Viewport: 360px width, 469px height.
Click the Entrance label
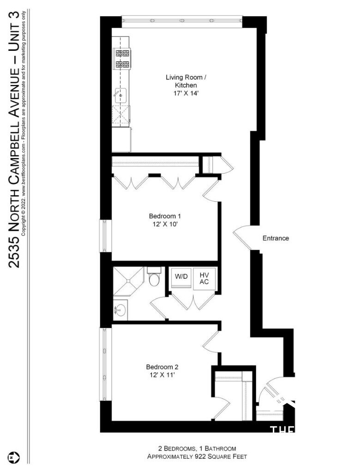pyautogui.click(x=276, y=238)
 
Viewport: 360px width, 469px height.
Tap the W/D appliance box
pyautogui.click(x=180, y=277)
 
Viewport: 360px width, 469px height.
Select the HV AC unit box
pyautogui.click(x=204, y=278)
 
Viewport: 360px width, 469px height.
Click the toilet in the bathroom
pyautogui.click(x=154, y=278)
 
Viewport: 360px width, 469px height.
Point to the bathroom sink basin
pyautogui.click(x=120, y=310)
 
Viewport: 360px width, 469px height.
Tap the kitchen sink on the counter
pyautogui.click(x=120, y=95)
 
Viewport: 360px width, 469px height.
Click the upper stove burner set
pyautogui.click(x=122, y=53)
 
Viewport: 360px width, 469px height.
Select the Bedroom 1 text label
pyautogui.click(x=164, y=216)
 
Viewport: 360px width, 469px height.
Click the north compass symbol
pyautogui.click(x=16, y=457)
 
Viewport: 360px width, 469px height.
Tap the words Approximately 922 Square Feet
pyautogui.click(x=197, y=457)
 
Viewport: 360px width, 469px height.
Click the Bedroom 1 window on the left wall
pyautogui.click(x=104, y=235)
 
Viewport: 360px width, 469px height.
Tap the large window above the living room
pyautogui.click(x=181, y=20)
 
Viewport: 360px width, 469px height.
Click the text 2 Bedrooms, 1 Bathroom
pyautogui.click(x=197, y=448)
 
